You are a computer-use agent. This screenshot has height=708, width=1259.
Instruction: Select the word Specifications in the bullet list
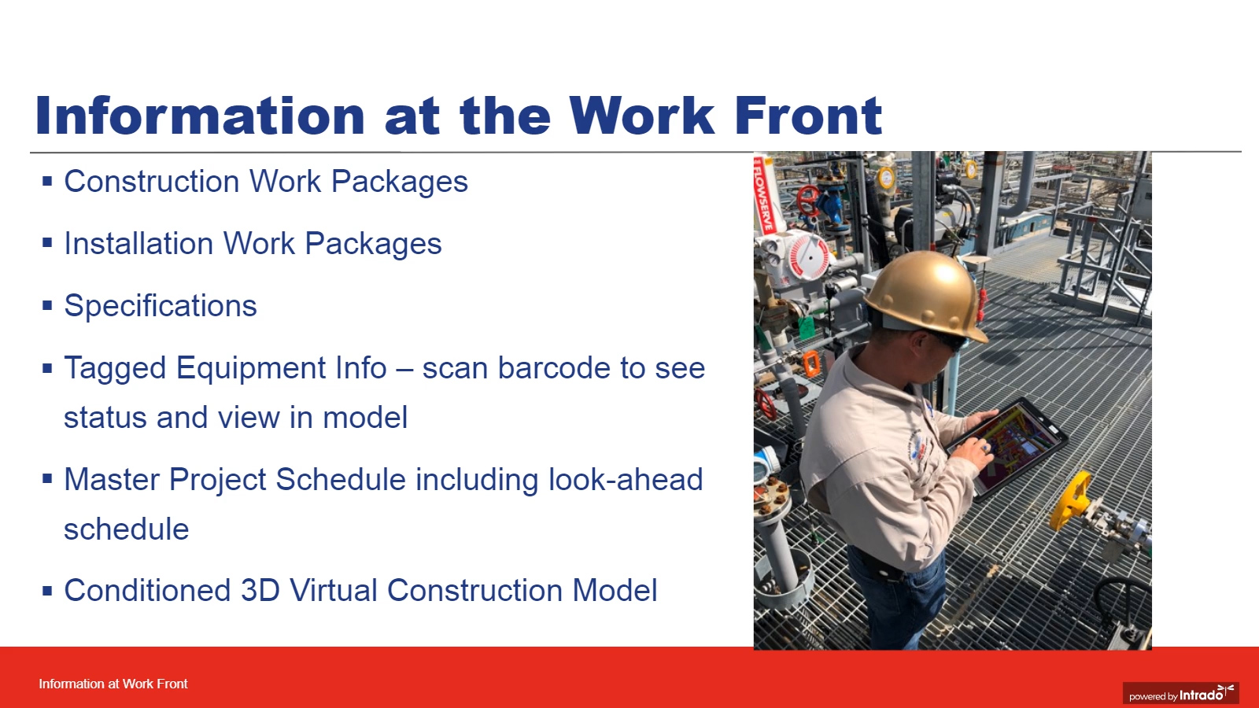tap(161, 306)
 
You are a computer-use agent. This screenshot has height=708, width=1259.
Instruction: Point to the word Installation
tap(138, 243)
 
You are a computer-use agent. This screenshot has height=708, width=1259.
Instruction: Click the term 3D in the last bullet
tap(260, 591)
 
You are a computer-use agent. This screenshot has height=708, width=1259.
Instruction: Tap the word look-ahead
tap(626, 479)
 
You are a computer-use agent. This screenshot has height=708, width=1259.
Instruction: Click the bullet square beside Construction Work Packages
tap(47, 182)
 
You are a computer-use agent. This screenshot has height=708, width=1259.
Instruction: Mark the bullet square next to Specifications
tap(47, 306)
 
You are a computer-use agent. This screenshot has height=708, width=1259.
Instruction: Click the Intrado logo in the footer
tap(1181, 693)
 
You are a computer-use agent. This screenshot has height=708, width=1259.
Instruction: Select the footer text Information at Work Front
tap(113, 684)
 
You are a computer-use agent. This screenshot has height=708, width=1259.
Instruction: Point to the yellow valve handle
tap(1068, 500)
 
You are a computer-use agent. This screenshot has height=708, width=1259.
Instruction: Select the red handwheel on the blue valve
tap(808, 201)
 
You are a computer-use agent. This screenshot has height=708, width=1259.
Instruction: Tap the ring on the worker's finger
tap(985, 448)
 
